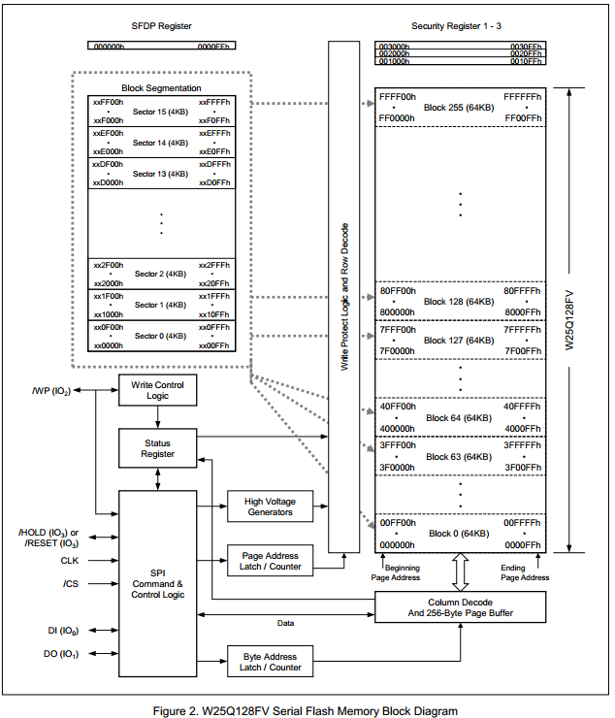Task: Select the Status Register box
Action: point(157,448)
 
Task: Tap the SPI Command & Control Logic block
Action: point(157,584)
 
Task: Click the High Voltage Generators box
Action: point(270,506)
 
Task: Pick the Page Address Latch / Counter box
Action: point(270,561)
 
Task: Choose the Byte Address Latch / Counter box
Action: point(270,661)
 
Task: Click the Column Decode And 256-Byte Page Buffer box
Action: point(462,606)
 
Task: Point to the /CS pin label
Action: point(70,583)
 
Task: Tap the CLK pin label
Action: point(70,560)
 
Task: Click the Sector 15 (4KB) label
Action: point(160,112)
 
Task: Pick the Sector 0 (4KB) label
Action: point(160,336)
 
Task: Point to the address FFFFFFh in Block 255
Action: point(523,97)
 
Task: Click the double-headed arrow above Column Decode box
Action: point(460,573)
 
